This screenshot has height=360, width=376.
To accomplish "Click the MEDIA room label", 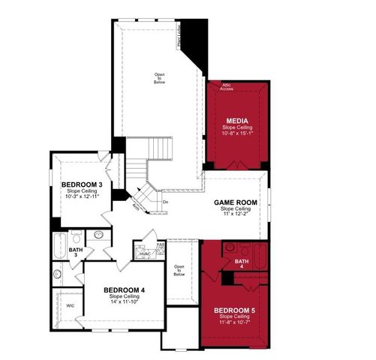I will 238,120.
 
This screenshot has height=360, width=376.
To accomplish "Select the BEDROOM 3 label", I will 82,184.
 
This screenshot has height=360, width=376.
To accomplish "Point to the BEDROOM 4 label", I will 124,290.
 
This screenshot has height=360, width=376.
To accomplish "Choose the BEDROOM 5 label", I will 234,310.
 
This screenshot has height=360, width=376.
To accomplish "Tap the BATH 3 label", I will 75,253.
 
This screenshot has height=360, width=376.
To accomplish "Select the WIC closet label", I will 70,306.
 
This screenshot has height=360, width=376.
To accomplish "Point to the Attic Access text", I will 227,87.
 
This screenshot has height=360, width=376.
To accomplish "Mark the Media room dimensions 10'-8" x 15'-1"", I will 238,133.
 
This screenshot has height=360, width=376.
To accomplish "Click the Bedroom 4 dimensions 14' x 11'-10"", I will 124,301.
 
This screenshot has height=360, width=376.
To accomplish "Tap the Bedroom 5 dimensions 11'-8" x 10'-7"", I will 234,322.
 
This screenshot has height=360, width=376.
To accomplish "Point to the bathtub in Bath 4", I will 260,254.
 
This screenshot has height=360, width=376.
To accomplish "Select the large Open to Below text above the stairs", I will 160,76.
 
